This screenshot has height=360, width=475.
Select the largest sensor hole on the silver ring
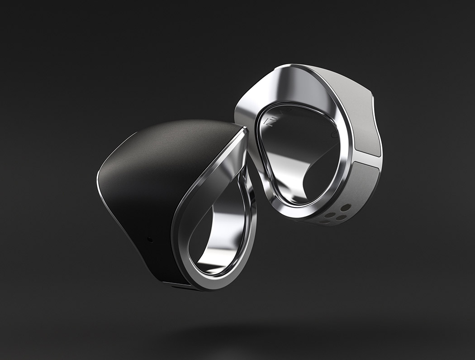tap(346, 208)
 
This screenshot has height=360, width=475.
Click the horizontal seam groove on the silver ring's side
tap(367, 160)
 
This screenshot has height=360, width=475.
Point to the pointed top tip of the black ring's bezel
tap(244, 129)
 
